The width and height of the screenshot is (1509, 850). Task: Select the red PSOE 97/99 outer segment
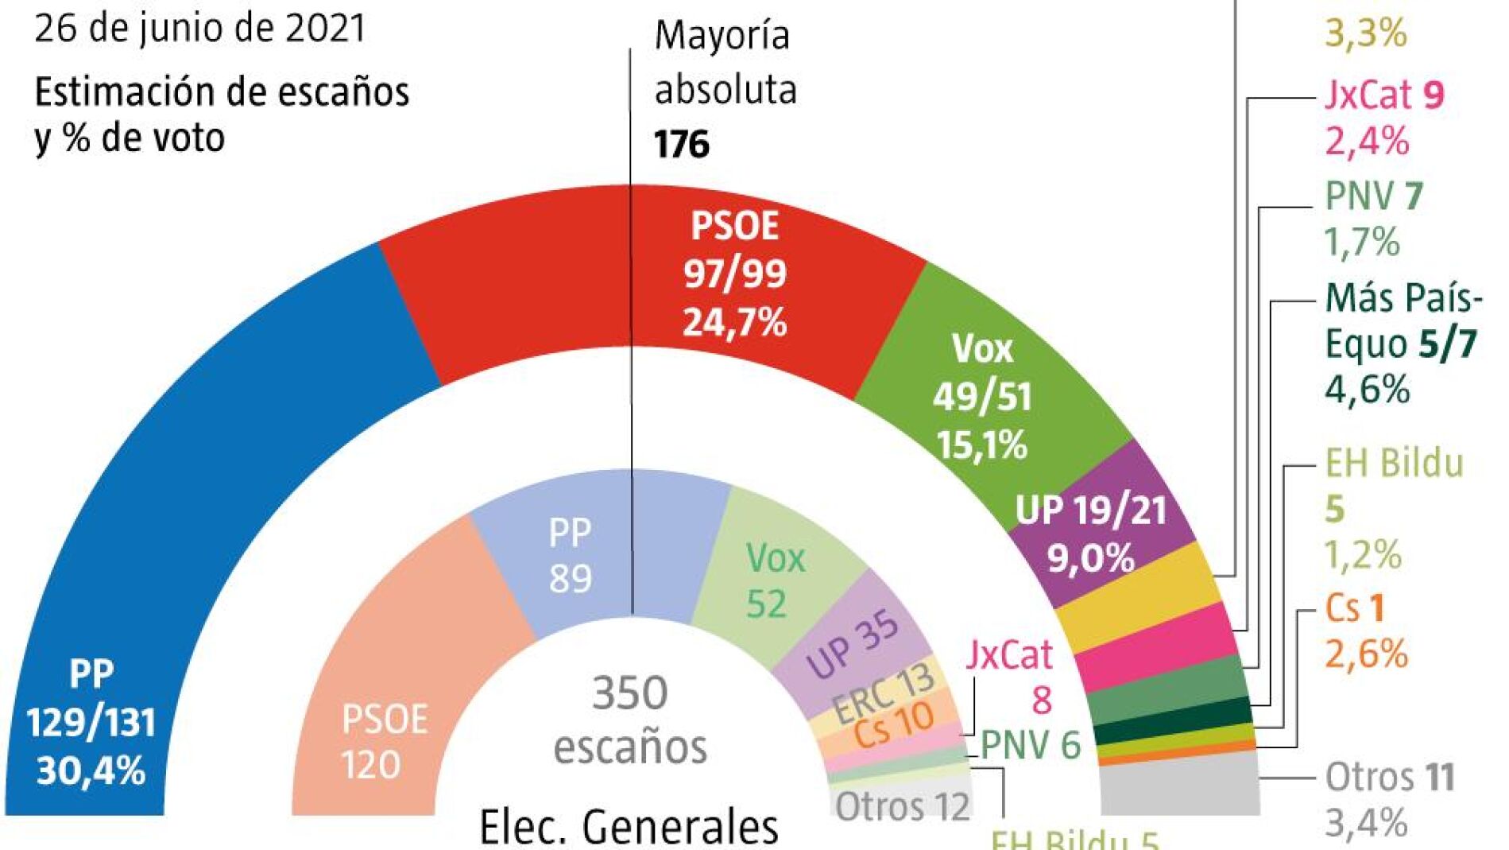[x=636, y=270]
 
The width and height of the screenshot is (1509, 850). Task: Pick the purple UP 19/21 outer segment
[x=1105, y=533]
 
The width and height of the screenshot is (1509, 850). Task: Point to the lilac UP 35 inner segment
[x=854, y=644]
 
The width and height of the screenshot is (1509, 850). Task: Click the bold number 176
[x=682, y=145]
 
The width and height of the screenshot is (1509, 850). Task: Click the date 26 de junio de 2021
[x=199, y=29]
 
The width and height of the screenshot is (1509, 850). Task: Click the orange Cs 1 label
[x=1355, y=608]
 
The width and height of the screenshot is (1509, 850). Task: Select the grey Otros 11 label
[x=1390, y=777]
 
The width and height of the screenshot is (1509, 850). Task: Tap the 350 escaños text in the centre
[x=630, y=720]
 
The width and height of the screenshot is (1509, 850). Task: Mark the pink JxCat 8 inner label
[x=1010, y=676]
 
